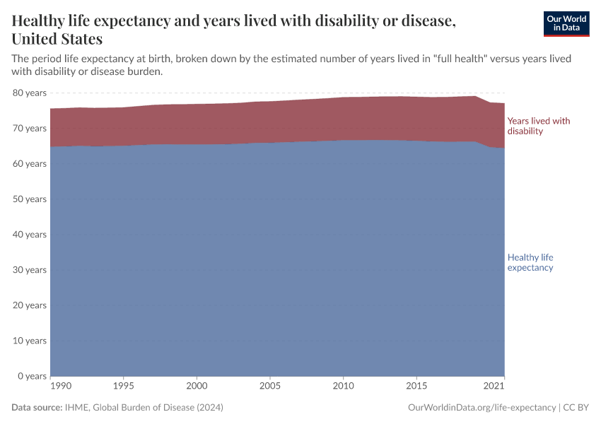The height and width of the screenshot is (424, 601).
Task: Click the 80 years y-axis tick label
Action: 29,93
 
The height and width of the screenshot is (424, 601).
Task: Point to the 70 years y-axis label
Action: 29,128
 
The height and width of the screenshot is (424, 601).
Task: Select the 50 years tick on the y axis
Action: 29,199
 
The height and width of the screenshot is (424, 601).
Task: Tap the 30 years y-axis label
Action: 29,270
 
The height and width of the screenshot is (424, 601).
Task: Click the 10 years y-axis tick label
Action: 29,341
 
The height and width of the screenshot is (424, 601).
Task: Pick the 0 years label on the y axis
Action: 31,376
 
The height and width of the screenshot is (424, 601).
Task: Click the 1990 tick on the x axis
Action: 61,387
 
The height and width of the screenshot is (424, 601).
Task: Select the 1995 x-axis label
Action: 124,387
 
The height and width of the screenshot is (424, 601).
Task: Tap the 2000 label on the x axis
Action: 197,387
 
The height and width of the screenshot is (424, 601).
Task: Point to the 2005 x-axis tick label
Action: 269,387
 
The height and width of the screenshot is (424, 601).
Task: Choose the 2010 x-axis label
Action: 343,387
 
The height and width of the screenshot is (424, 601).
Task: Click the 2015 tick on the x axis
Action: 416,387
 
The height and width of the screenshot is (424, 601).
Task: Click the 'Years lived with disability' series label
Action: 538,126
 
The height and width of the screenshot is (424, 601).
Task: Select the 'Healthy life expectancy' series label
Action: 530,262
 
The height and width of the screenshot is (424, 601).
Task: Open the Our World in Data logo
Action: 566,23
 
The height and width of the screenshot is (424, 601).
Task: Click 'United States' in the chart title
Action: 57,39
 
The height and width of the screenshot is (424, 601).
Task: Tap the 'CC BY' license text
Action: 576,408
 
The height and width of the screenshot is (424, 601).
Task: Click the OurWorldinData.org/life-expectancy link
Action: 482,408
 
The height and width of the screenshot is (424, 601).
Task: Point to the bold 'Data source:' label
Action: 37,408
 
